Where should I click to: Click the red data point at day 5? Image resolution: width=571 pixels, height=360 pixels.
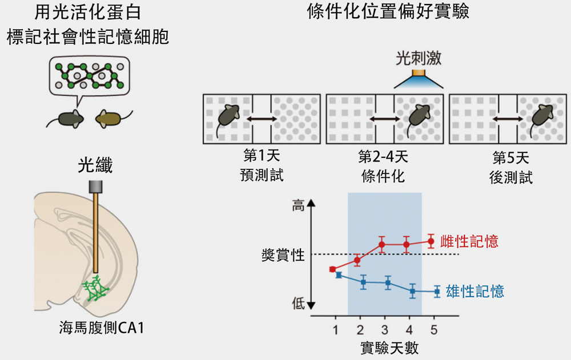[431, 241]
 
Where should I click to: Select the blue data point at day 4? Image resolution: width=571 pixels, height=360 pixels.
[413, 291]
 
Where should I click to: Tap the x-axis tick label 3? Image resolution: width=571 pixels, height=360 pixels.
[384, 330]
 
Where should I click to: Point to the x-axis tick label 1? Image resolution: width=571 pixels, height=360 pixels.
[335, 330]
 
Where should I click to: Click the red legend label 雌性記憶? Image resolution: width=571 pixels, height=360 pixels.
[469, 241]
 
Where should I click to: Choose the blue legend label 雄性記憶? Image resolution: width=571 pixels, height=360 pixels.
[475, 291]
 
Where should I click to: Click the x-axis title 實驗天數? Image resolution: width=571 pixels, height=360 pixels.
[389, 348]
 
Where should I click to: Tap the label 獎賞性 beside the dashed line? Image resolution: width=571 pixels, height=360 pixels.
[283, 255]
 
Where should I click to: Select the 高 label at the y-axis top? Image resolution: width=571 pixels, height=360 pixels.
[298, 205]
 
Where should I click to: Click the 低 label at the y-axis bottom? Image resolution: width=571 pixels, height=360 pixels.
[298, 303]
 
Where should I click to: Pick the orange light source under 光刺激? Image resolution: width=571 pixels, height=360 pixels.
[419, 73]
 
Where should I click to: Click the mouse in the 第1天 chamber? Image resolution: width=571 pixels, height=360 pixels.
[228, 117]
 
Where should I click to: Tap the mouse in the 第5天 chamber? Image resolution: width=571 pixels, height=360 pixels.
[542, 118]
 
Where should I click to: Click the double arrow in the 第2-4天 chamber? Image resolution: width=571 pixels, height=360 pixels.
[384, 119]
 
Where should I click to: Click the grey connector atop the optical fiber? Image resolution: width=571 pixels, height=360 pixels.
[95, 187]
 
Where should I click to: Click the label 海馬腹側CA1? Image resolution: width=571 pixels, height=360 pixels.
[102, 327]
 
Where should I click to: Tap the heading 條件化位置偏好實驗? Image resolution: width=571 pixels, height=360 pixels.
[388, 11]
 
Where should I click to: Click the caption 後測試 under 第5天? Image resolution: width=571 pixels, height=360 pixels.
[510, 177]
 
